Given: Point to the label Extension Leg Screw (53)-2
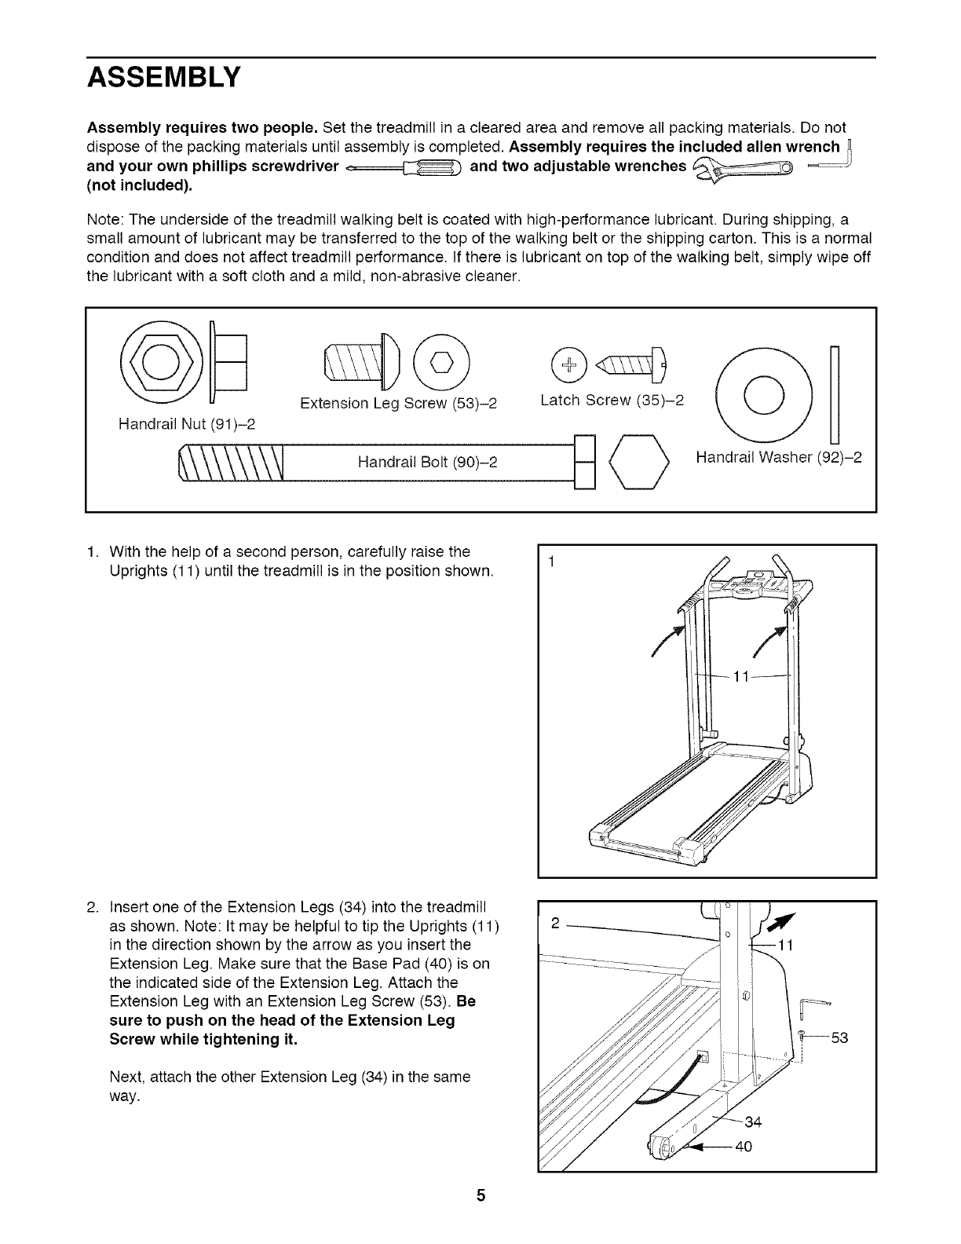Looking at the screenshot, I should click(x=399, y=404).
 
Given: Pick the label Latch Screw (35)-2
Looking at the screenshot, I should click(x=612, y=400).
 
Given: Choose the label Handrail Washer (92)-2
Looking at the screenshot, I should click(x=778, y=456).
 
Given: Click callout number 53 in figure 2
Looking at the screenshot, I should click(x=839, y=1038).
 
